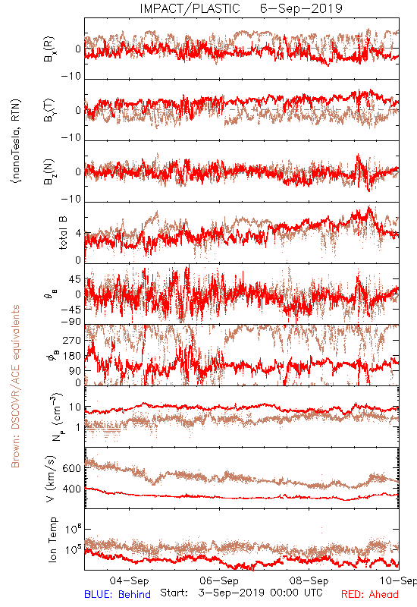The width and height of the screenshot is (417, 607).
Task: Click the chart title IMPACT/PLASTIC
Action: pyautogui.click(x=190, y=8)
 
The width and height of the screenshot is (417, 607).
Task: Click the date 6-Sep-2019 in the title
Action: pyautogui.click(x=301, y=8)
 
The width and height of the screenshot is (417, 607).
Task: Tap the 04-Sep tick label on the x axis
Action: pyautogui.click(x=129, y=580)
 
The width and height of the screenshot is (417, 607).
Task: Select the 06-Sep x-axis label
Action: pyautogui.click(x=219, y=580)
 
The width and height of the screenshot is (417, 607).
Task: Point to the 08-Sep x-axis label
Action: pyautogui.click(x=309, y=580)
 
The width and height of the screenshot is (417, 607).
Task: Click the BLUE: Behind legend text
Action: pyautogui.click(x=118, y=594)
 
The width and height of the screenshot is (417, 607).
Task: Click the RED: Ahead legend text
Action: pyautogui.click(x=370, y=594)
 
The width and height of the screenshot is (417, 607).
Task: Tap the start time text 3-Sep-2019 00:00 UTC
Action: pyautogui.click(x=260, y=593)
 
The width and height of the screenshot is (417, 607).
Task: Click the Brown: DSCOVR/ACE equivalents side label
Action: pyautogui.click(x=15, y=386)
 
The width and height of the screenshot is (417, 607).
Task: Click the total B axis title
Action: pyautogui.click(x=63, y=233)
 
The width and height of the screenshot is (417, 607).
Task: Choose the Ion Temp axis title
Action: pyautogui.click(x=52, y=539)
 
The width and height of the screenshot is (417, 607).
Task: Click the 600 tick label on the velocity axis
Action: pyautogui.click(x=71, y=468)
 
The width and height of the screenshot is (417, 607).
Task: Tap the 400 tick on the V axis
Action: pyautogui.click(x=71, y=489)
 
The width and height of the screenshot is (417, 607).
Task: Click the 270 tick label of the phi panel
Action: pyautogui.click(x=71, y=340)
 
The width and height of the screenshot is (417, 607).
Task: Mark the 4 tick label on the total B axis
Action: pyautogui.click(x=78, y=233)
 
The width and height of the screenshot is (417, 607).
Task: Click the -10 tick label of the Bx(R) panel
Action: pyautogui.click(x=71, y=77)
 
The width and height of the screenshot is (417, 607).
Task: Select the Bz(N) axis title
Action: pyautogui.click(x=49, y=171)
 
